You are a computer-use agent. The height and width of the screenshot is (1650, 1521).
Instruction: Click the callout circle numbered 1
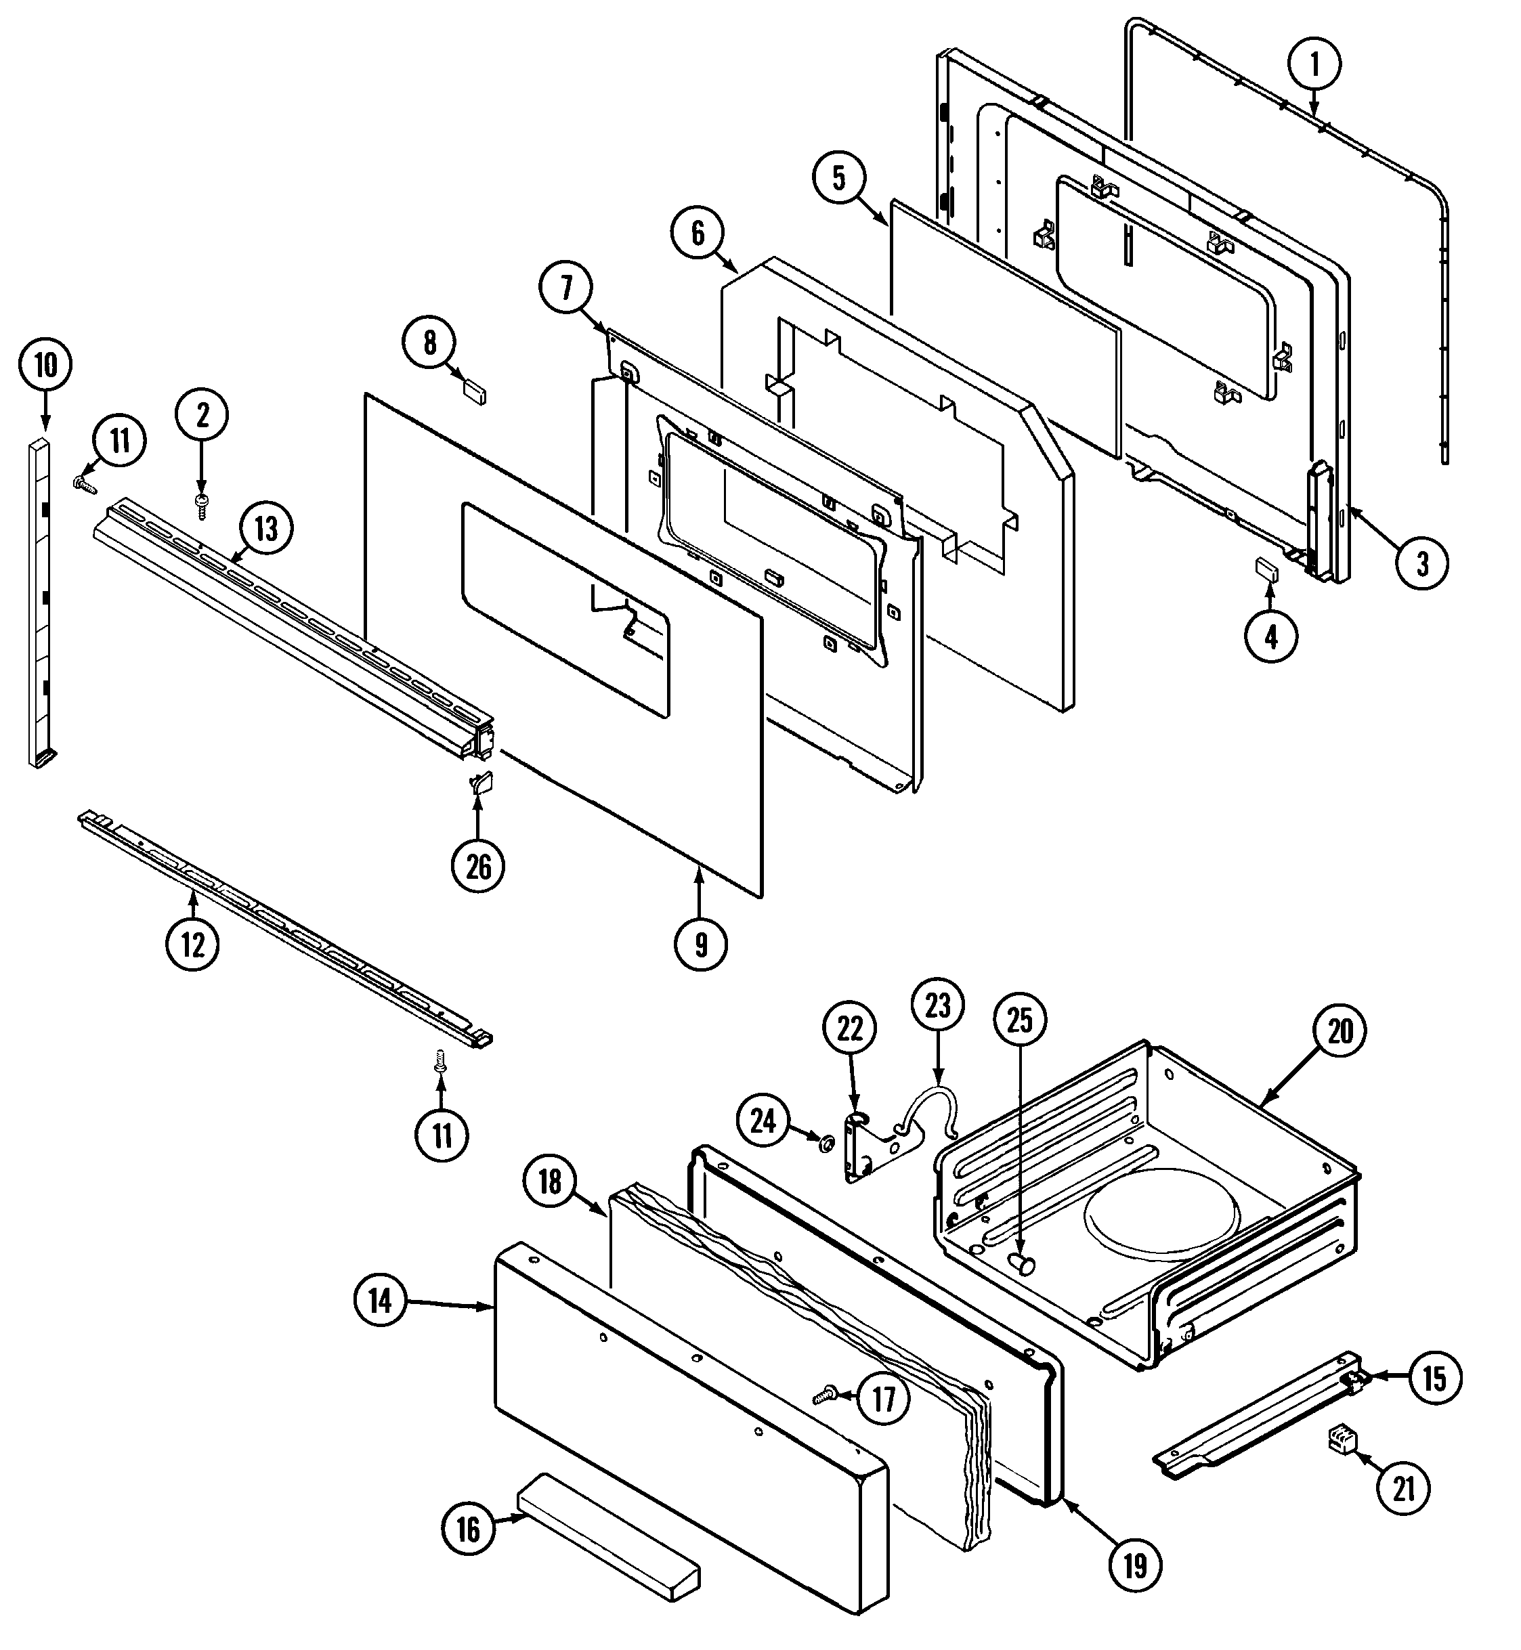(x=1314, y=64)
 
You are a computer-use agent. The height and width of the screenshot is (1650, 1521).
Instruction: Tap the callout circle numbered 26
(x=478, y=866)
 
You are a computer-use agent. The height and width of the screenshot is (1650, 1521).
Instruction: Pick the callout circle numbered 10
(x=45, y=364)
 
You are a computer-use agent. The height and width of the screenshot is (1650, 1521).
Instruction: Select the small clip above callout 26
(x=481, y=781)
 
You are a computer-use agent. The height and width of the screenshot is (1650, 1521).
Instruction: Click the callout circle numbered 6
(x=697, y=233)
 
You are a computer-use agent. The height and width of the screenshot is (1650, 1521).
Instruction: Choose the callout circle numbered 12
(x=192, y=944)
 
